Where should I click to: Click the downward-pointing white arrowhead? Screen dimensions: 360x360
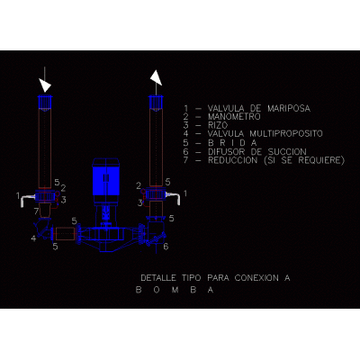click(x=45, y=85)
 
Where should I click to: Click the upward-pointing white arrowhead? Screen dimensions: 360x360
click(x=156, y=78)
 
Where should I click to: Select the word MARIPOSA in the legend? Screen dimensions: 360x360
click(x=289, y=108)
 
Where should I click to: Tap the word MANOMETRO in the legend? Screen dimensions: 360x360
click(x=234, y=117)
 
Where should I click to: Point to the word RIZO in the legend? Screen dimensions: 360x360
click(x=218, y=125)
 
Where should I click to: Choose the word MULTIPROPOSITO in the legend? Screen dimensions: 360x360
click(x=286, y=133)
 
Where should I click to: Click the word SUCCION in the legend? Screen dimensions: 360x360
click(x=287, y=152)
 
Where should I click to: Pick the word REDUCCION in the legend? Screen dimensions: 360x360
click(x=233, y=160)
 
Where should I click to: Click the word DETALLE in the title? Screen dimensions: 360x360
click(x=158, y=278)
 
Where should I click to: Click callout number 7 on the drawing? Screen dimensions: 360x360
click(x=36, y=211)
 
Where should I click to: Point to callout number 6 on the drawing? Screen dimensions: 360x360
click(x=166, y=247)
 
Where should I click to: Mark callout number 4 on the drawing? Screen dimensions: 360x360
click(x=34, y=238)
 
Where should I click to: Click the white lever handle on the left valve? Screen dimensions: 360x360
click(x=27, y=200)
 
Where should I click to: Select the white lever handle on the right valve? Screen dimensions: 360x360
click(x=175, y=197)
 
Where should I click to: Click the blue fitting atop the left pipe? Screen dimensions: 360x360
click(x=45, y=103)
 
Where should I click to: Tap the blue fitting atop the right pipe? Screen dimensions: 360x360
click(x=156, y=103)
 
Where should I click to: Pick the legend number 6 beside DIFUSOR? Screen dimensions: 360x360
click(x=186, y=152)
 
